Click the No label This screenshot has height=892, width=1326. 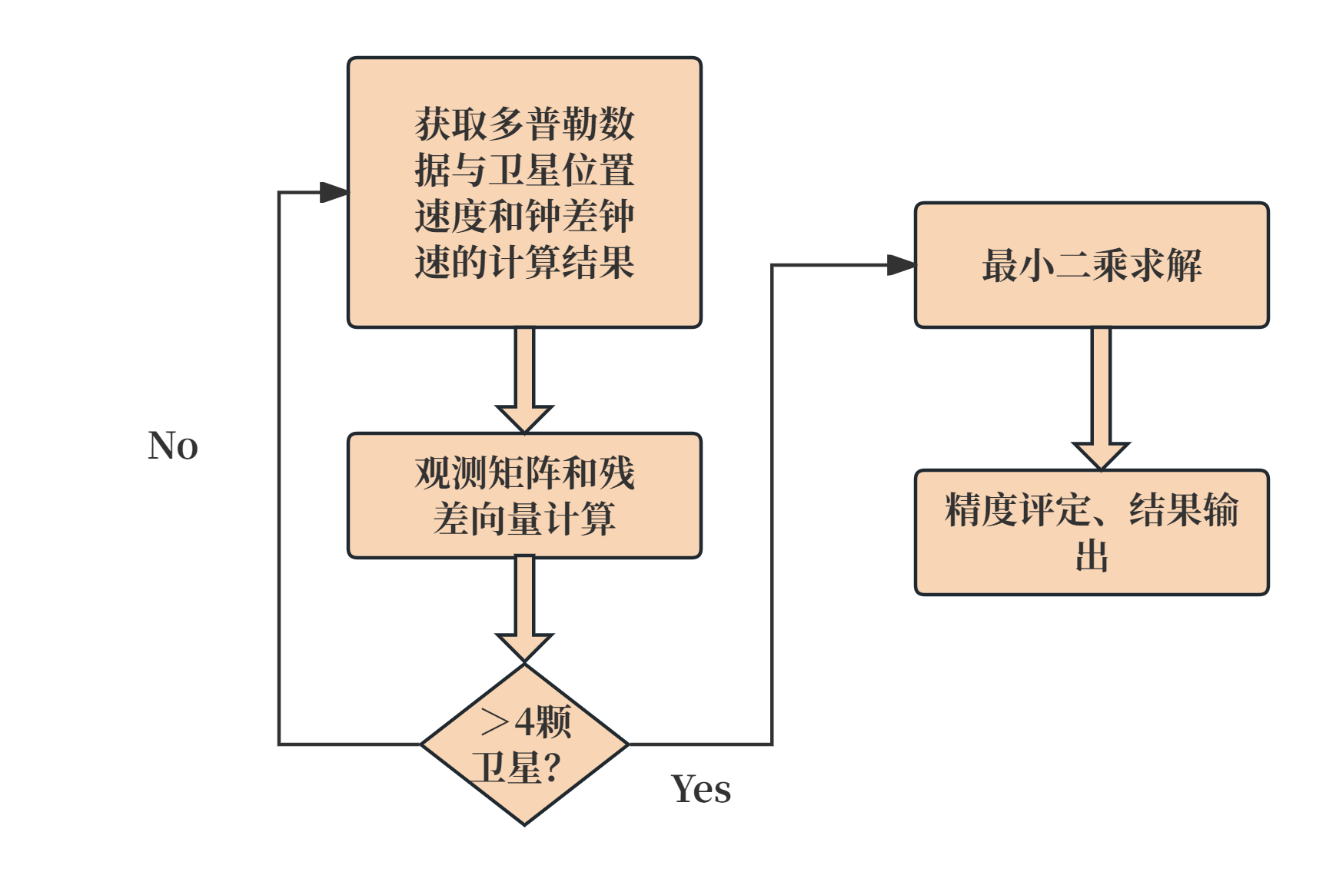pyautogui.click(x=173, y=446)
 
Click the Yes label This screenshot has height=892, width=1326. pyautogui.click(x=701, y=789)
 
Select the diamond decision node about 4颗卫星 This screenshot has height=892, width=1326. pyautogui.click(x=524, y=744)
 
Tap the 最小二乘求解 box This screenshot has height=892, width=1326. pyautogui.click(x=1092, y=265)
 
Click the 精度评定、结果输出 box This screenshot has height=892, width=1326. pyautogui.click(x=1092, y=532)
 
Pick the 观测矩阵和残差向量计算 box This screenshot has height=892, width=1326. pyautogui.click(x=524, y=496)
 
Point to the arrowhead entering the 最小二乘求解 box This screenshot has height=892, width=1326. pyautogui.click(x=901, y=265)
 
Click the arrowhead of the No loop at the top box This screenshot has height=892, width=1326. pyautogui.click(x=334, y=192)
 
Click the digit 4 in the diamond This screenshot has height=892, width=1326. pyautogui.click(x=524, y=722)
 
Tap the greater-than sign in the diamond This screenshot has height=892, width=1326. pyautogui.click(x=494, y=722)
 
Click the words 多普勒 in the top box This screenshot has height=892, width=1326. pyautogui.click(x=524, y=124)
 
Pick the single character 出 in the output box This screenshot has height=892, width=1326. pyautogui.click(x=1092, y=555)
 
